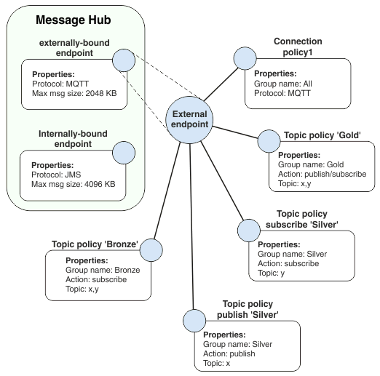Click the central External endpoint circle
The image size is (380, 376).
[189, 119]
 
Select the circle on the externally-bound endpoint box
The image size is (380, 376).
[124, 61]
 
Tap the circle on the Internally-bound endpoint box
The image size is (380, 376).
[124, 152]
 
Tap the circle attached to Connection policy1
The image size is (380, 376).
[245, 58]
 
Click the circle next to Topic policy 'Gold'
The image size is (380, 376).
[270, 142]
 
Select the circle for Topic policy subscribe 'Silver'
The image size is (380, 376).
[249, 231]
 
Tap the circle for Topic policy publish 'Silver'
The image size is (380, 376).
[193, 320]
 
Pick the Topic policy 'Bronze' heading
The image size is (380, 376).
[95, 244]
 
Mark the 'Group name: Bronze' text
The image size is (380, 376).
[103, 270]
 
